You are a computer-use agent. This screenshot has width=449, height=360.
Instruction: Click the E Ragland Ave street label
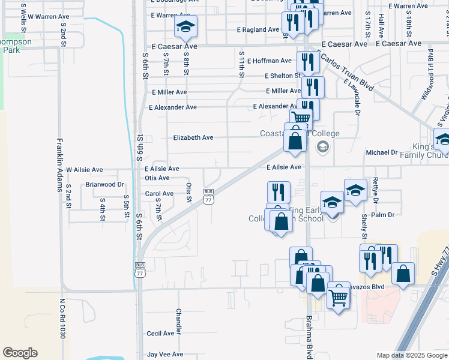[x=258, y=29]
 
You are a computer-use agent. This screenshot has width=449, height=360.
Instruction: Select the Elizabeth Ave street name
[x=193, y=137]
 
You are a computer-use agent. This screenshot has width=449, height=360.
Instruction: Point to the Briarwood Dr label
[x=104, y=185]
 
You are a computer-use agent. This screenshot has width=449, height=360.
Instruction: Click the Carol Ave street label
[x=159, y=194]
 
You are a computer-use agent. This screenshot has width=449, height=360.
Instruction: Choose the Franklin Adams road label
[x=60, y=164]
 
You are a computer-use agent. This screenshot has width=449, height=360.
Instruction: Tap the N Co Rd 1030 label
[x=62, y=319]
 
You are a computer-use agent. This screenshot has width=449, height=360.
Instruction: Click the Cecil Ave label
[x=160, y=334]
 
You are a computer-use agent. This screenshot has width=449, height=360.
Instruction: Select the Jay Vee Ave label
[x=165, y=355]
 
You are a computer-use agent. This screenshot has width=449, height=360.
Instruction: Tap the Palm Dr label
[x=382, y=215]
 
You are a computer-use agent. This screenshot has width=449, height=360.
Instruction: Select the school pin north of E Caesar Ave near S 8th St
[x=185, y=26]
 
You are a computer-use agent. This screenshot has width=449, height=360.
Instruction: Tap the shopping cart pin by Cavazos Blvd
[x=339, y=296]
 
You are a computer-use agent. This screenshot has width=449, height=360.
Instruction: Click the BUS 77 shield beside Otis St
[x=208, y=196]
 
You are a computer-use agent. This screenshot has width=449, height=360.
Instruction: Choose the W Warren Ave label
[x=48, y=17]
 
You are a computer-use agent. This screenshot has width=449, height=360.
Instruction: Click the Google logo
[x=20, y=353]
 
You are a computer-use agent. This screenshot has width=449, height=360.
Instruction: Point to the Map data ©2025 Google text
[x=411, y=355]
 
